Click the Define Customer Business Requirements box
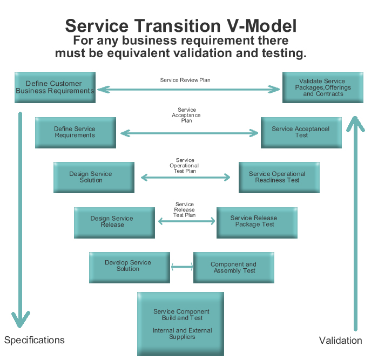55,87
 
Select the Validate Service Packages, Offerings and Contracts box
323,87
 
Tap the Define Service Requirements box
76,133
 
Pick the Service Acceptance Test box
301,133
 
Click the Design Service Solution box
94,178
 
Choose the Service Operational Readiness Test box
279,178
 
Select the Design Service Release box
114,223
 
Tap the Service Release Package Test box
257,223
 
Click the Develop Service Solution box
130,268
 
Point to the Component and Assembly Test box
234,268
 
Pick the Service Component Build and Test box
180,324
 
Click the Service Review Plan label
185,80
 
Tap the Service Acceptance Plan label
186,115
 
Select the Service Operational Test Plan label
184,166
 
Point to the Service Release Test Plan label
185,209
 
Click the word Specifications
35,340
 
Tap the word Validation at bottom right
340,341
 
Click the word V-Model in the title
262,26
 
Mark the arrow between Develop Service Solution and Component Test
182,267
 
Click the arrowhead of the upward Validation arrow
355,123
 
